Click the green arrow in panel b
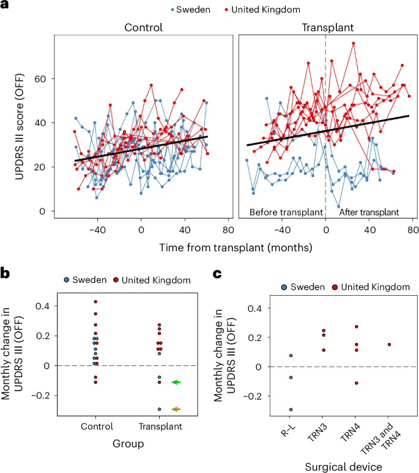point(177,382)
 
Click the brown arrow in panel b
point(177,409)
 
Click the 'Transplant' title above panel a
point(324,28)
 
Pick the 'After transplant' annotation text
point(368,213)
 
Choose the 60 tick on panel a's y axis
point(43,79)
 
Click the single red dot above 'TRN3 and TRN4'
point(388,345)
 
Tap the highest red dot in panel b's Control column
point(95,301)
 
